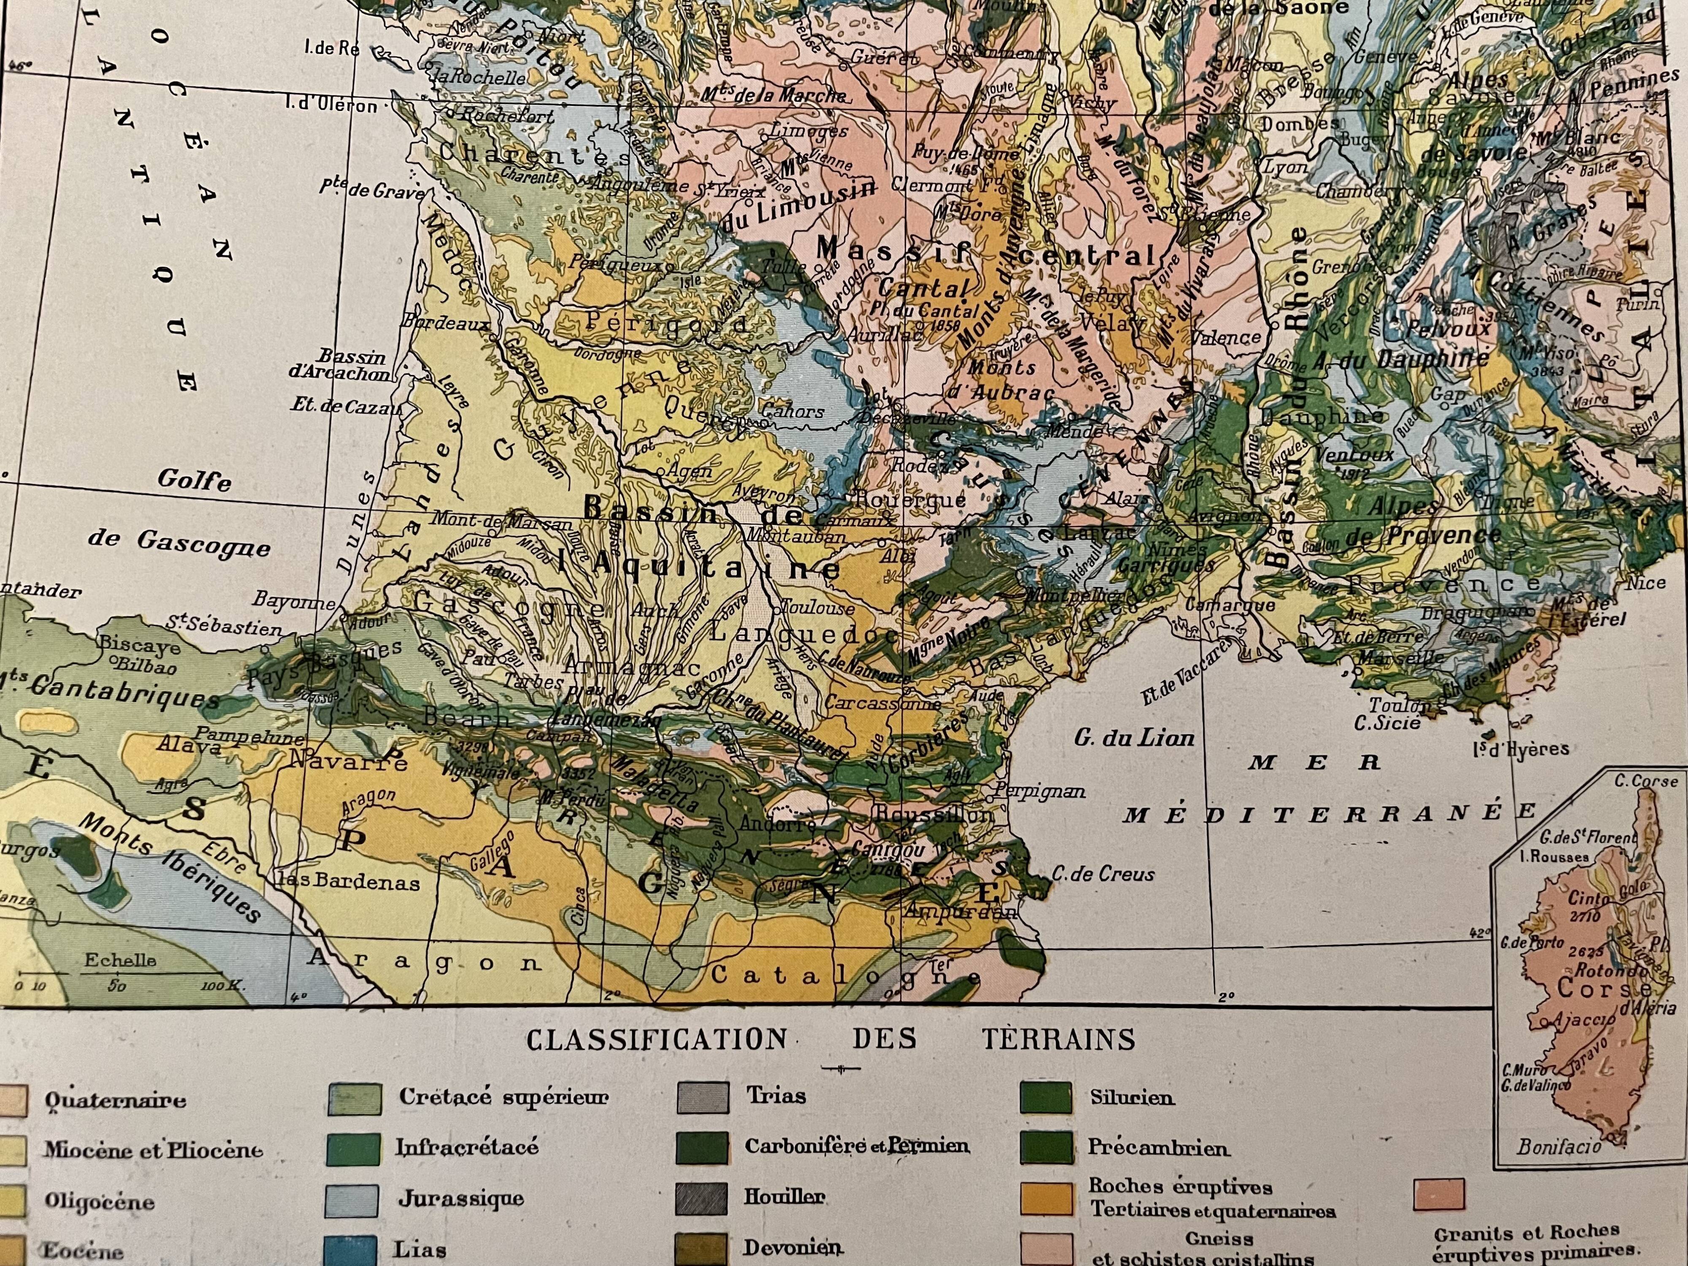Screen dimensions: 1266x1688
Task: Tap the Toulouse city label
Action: [816, 608]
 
